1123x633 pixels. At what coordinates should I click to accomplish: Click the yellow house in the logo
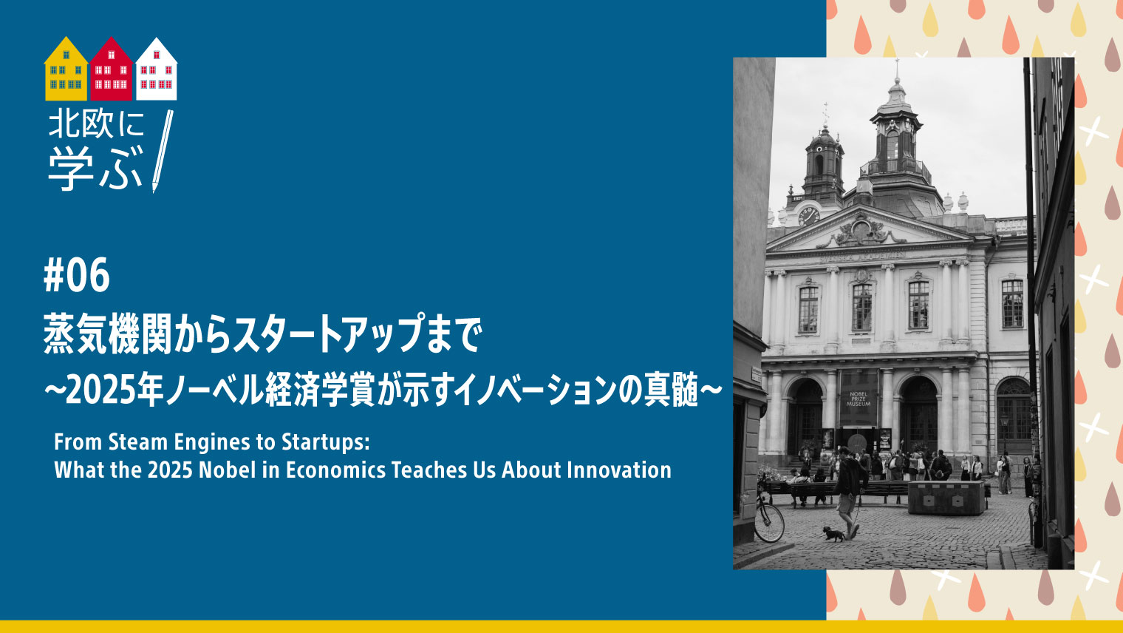coord(66,71)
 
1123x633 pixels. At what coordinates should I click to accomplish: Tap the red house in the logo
coord(112,71)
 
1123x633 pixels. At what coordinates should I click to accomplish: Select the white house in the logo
coord(156,71)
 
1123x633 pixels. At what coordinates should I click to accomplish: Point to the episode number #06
coord(76,276)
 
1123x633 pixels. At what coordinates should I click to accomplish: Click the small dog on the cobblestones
coord(833,533)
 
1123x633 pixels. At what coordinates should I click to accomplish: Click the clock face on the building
coord(808,217)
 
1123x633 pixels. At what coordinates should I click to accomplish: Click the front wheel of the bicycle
coord(769,523)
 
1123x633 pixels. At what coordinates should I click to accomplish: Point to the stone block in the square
coord(946,498)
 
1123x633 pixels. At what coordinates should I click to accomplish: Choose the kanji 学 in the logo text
coord(70,169)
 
